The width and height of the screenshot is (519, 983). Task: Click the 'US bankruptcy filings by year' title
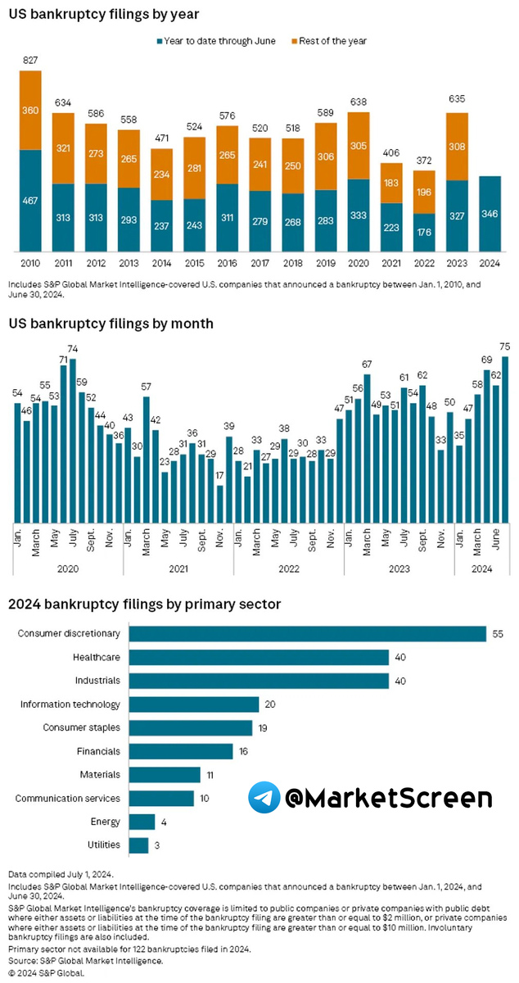tap(104, 14)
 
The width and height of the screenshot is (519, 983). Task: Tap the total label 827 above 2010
tap(30, 60)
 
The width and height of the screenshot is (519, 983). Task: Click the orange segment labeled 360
tap(30, 110)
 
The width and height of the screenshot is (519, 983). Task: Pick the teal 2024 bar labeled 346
tap(490, 214)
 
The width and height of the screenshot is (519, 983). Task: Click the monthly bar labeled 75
tap(505, 438)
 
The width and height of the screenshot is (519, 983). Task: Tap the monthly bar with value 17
tap(220, 503)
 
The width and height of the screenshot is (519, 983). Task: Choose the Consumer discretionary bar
tap(308, 633)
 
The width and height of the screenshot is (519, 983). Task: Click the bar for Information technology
tap(195, 704)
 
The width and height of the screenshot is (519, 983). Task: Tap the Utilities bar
tap(139, 845)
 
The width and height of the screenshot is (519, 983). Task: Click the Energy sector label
tap(105, 822)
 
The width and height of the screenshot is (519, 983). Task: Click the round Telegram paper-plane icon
tap(263, 797)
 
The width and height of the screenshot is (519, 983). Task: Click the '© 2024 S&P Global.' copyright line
tap(47, 972)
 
